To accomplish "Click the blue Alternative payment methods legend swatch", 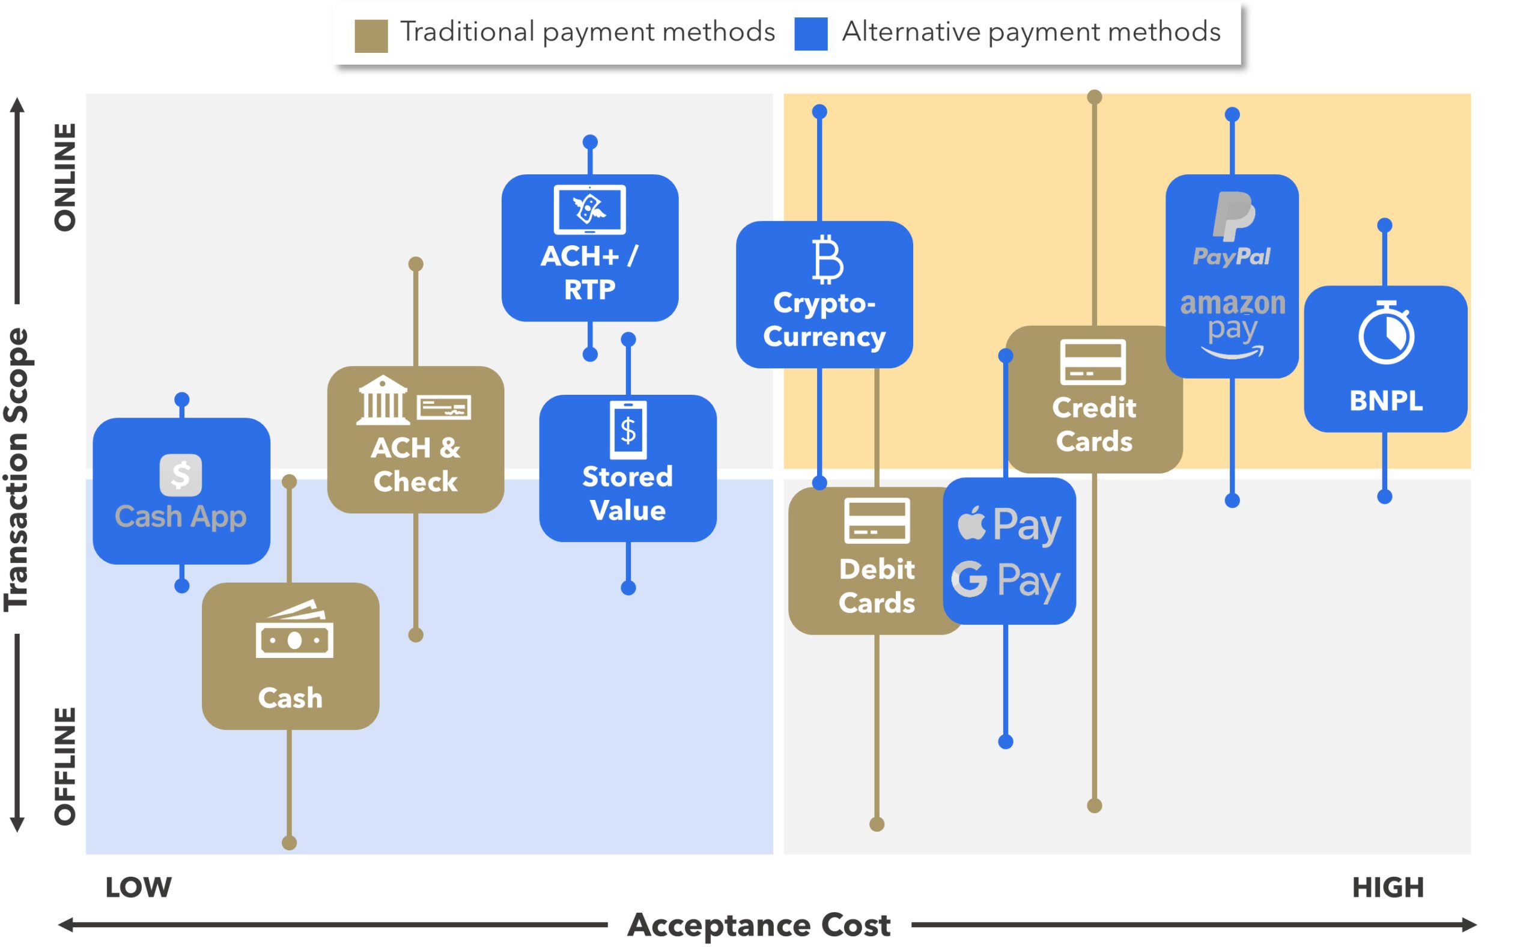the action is pos(810,34).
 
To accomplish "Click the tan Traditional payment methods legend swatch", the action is pos(371,35).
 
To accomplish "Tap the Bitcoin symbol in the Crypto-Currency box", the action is pos(828,260).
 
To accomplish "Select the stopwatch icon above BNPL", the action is pos(1386,332).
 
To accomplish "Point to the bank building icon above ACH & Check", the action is pos(382,400).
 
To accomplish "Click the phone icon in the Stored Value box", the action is pos(628,430).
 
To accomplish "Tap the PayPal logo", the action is pos(1232,229).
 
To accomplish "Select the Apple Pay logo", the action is pos(1009,525).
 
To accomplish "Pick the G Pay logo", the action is pos(1006,580).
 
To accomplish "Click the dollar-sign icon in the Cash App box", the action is pos(180,475).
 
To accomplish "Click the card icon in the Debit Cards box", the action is pos(877,520).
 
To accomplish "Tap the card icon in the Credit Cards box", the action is pos(1093,362).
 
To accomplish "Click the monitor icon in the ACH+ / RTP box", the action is pos(589,209).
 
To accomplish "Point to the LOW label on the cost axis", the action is pos(138,888).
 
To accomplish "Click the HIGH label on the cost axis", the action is pos(1388,888).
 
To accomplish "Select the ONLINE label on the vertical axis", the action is pos(65,177).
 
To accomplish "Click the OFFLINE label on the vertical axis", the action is pos(65,766).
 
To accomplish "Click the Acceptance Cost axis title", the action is pos(759,925).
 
